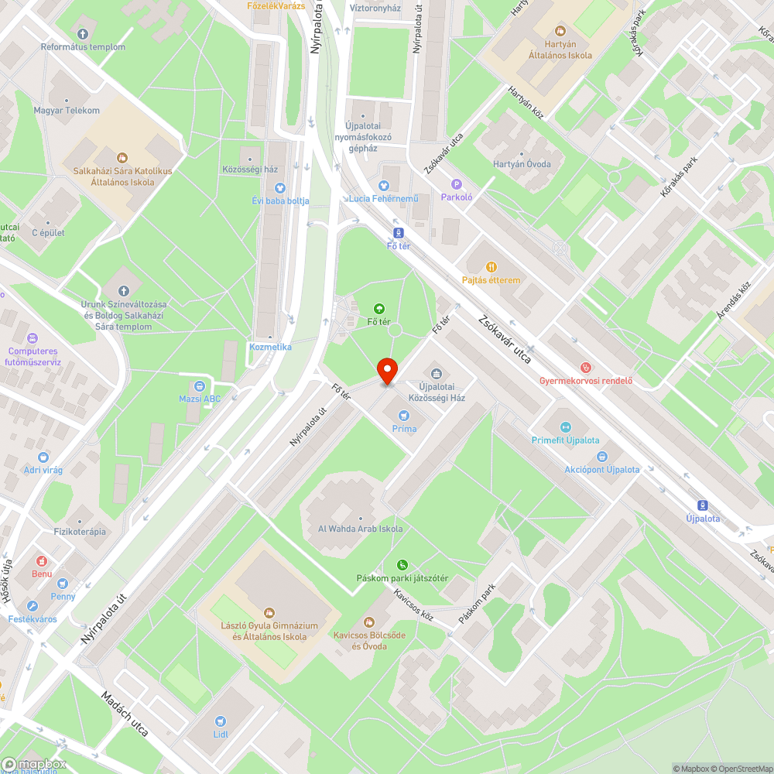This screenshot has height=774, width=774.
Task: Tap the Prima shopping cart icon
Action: pos(404,415)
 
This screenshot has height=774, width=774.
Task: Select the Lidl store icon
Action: pos(221,720)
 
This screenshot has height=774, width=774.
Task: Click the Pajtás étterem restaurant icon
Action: pos(491,267)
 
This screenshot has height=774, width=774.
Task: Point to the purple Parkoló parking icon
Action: pos(456,184)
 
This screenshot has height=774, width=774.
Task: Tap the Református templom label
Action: pos(84,46)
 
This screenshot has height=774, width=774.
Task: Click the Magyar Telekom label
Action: pos(67,110)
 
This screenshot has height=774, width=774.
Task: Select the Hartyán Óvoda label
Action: pos(522,163)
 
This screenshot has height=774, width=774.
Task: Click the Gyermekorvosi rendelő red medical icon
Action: pos(586,367)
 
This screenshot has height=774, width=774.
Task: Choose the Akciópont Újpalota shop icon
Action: pos(601,457)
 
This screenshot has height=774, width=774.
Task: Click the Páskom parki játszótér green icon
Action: pos(402,564)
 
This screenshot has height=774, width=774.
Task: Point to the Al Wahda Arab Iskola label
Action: pos(360,529)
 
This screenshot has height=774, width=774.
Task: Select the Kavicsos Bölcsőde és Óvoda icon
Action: pos(369,622)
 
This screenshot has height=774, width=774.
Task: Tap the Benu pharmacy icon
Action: pos(42,560)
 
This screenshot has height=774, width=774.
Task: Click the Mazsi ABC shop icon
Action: pos(200,385)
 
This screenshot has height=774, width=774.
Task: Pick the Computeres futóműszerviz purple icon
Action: pos(33,338)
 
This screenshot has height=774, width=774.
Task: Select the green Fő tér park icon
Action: pos(378,308)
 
